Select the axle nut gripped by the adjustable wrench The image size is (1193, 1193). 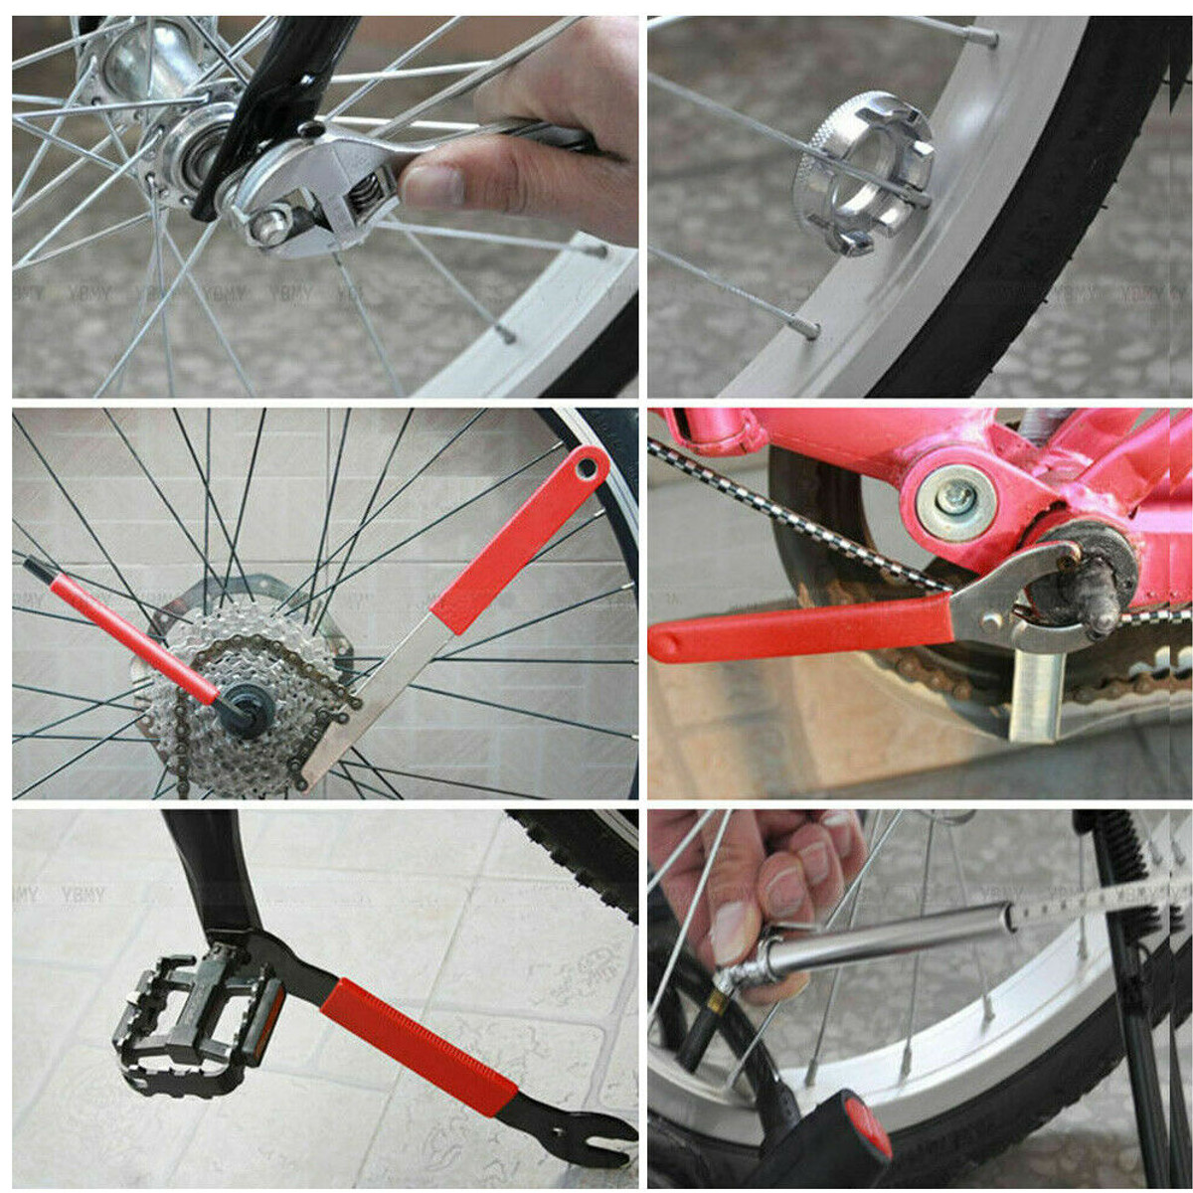tap(270, 226)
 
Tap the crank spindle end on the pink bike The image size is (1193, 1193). tap(1100, 617)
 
